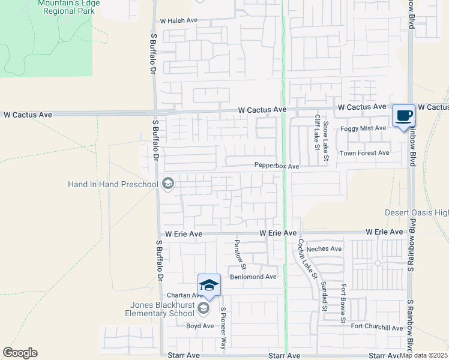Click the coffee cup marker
[403, 115]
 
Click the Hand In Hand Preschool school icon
[168, 184]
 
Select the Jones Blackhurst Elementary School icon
[203, 308]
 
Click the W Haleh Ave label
[179, 20]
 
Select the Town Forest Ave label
[364, 153]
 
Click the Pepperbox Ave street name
[276, 166]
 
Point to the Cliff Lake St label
[316, 132]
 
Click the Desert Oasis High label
[417, 213]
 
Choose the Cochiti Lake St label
[307, 259]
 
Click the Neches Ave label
[324, 248]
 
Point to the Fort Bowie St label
[343, 304]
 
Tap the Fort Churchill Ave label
[377, 327]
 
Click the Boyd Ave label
[200, 326]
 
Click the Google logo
[20, 353]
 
